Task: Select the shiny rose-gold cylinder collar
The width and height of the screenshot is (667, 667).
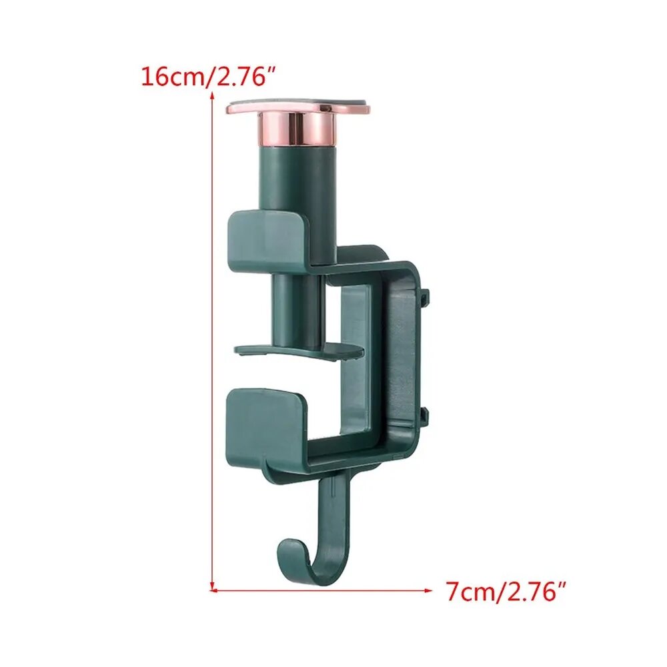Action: pos(297,130)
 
